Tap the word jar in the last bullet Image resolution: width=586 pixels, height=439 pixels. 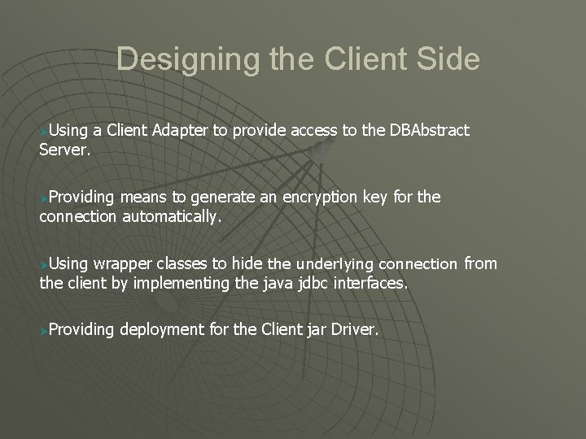[x=320, y=330]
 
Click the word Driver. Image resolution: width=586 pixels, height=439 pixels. [x=357, y=330]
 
